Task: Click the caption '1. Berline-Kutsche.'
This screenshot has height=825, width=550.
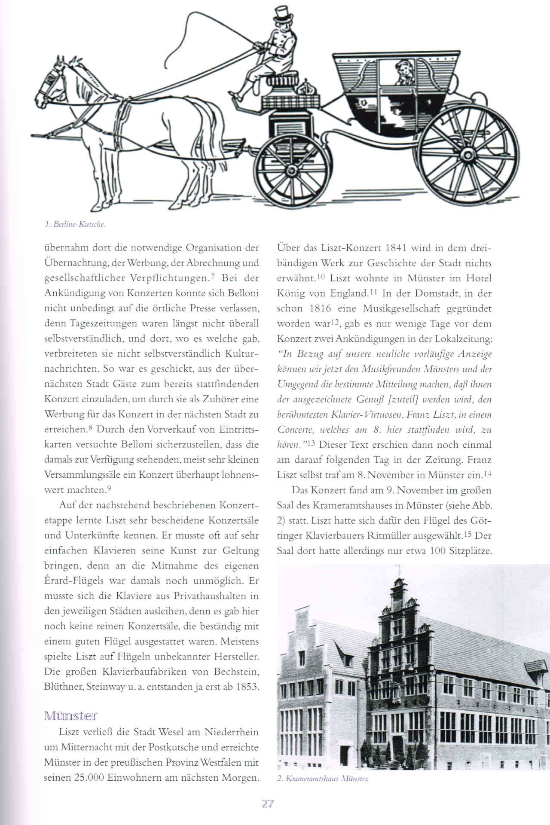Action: tap(75, 224)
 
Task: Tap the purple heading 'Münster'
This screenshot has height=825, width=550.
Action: tap(71, 716)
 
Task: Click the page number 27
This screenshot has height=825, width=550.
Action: tap(268, 804)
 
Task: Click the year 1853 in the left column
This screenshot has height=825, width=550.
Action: tap(247, 687)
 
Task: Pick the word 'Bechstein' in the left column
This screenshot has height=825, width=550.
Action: tap(236, 672)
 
